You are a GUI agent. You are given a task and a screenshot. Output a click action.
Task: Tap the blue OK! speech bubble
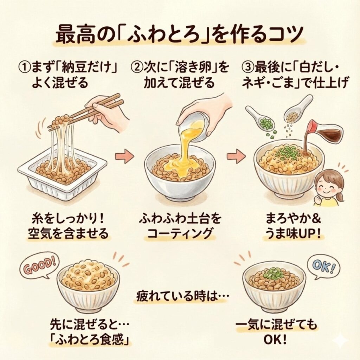[x=323, y=268]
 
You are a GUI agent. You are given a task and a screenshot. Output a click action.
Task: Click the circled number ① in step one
[x=25, y=67]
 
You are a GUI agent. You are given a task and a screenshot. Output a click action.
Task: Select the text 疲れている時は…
[x=182, y=296]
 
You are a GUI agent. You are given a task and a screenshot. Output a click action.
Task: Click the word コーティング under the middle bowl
[x=180, y=233]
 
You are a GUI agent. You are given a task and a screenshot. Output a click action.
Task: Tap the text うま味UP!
[x=293, y=233]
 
